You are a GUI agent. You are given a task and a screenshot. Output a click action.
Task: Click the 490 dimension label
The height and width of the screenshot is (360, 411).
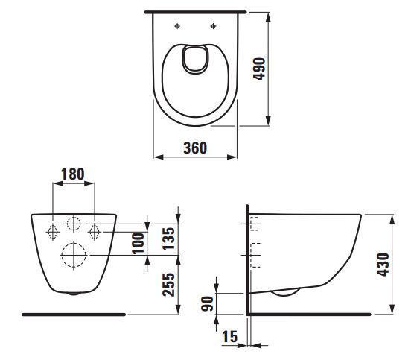pyautogui.click(x=259, y=69)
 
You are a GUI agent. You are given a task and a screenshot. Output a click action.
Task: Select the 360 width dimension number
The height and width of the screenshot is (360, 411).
pyautogui.click(x=195, y=148)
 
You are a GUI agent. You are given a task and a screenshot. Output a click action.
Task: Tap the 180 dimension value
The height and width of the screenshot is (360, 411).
pyautogui.click(x=73, y=174)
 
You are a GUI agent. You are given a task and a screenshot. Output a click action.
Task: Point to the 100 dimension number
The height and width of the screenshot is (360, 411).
pyautogui.click(x=138, y=244)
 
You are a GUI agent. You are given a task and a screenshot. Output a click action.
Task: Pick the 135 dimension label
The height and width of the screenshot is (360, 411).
pyautogui.click(x=168, y=239)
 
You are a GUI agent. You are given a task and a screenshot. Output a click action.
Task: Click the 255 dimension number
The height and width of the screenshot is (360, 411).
pyautogui.click(x=168, y=285)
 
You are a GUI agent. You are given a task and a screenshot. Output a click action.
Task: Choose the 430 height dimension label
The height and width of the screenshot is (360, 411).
pyautogui.click(x=383, y=265)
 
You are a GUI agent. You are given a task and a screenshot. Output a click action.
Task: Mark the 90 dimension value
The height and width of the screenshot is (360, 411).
pyautogui.click(x=207, y=303)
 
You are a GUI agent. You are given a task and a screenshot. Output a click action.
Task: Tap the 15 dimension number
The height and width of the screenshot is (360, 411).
pyautogui.click(x=230, y=336)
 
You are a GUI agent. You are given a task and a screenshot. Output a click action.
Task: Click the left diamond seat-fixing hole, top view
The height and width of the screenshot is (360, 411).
pyautogui.click(x=177, y=26)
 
